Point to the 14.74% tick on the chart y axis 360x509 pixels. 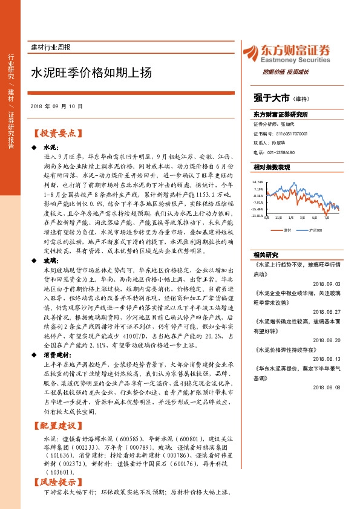pyautogui.click(x=258, y=181)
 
